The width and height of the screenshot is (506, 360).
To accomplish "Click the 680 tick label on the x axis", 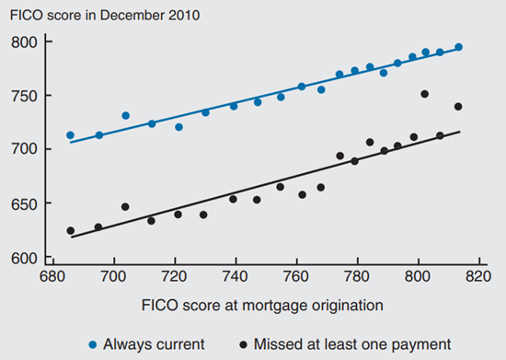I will point(52,275).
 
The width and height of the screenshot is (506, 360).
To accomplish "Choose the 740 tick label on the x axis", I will point(236,275).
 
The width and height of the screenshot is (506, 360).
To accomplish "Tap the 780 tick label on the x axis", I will point(357,275).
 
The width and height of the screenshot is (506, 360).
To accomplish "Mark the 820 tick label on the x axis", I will point(479,275).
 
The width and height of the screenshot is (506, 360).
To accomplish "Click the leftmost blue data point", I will point(70,135).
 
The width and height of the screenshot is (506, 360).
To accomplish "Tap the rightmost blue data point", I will point(458,47).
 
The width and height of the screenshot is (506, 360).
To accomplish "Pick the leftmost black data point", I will point(70,230).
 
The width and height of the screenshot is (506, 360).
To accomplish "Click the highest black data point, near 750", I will point(424,94).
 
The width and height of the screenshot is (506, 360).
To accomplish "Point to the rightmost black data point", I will point(458,107).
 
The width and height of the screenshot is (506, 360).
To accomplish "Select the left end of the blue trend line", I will point(70,144).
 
